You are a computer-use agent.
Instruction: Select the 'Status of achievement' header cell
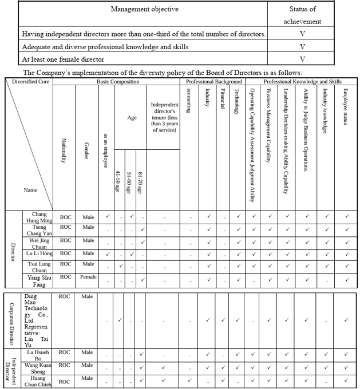pos(302,15)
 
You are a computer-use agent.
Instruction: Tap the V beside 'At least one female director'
pos(302,58)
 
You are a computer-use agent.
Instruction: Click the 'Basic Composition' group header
pos(117,82)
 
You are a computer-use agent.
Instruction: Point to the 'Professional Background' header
pos(212,82)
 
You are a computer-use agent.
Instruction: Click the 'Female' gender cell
pos(87,277)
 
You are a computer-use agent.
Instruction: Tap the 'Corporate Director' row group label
pos(12,320)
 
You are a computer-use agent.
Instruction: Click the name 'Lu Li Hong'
pos(38,253)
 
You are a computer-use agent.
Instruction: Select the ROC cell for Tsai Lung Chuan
pos(66,264)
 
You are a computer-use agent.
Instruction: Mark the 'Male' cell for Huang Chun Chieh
pos(87,378)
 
